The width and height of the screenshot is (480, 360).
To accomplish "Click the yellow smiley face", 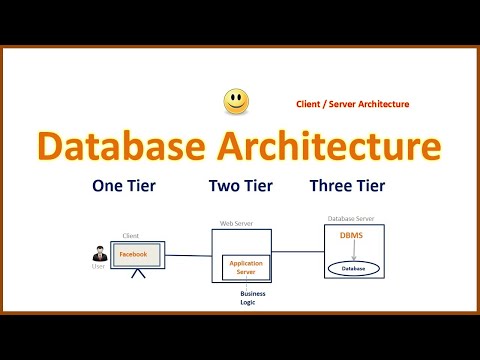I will pos(236,101).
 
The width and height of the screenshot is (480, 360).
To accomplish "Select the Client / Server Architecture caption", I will pos(352,104).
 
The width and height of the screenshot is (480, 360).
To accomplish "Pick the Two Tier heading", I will pos(241,185).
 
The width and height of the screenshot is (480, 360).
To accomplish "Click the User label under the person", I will pos(98,267).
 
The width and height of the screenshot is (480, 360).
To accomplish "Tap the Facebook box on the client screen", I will pos(133,255).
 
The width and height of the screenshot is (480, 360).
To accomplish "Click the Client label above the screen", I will pos(130,236).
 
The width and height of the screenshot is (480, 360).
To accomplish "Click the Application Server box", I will pos(246,267).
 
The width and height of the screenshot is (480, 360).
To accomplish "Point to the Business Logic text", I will pos(248,297).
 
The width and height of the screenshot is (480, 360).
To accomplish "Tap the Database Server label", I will pos(351,218).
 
